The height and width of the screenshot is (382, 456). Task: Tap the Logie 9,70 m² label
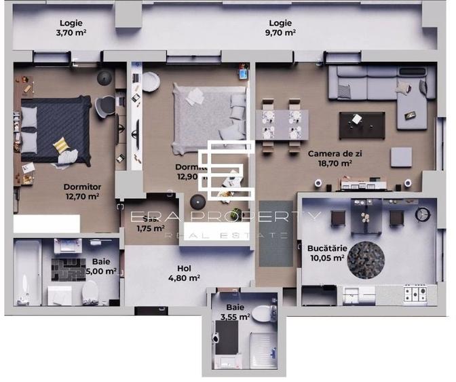(280, 27)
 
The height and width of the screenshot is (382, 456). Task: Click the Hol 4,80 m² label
(184, 272)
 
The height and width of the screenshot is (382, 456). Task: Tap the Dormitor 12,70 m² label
(81, 191)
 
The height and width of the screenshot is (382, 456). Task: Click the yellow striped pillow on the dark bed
(61, 145)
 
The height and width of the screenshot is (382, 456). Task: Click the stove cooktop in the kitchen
(415, 293)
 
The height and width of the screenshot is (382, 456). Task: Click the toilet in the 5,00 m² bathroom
(92, 292)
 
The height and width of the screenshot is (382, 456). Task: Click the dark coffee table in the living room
(361, 121)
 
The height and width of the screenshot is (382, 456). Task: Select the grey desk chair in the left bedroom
(106, 105)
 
